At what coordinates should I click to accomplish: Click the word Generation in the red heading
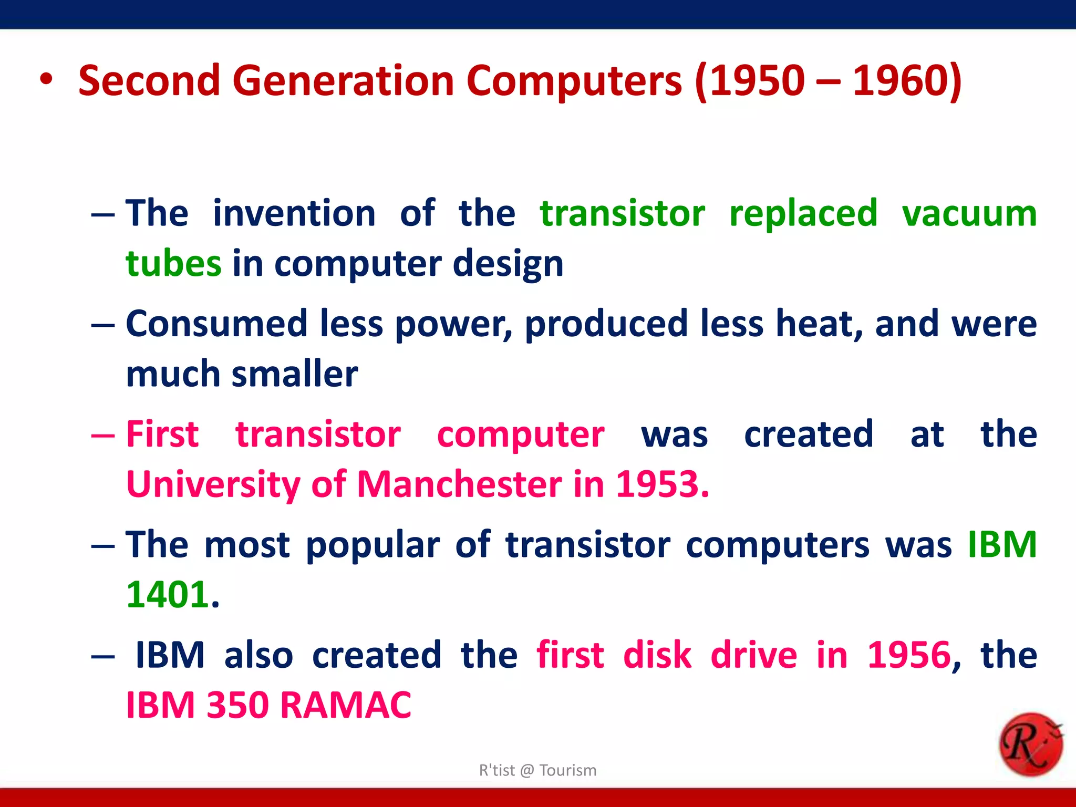(x=343, y=81)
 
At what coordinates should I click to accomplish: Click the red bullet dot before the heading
(x=46, y=80)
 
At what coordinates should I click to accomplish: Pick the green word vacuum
(x=969, y=213)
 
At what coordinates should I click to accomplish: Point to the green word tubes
(x=173, y=263)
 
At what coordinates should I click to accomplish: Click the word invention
(x=294, y=213)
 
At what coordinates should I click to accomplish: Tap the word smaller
(x=295, y=374)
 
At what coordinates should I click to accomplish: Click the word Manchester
(x=459, y=484)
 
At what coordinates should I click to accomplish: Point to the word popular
(x=373, y=545)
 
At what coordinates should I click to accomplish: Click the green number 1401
(x=168, y=595)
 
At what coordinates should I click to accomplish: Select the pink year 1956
(x=908, y=655)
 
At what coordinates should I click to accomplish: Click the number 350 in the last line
(x=237, y=705)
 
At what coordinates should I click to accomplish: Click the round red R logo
(x=1030, y=744)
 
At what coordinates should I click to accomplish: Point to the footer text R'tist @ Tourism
(x=537, y=770)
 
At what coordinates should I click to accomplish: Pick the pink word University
(x=213, y=484)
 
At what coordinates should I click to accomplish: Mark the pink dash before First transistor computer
(x=102, y=436)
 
